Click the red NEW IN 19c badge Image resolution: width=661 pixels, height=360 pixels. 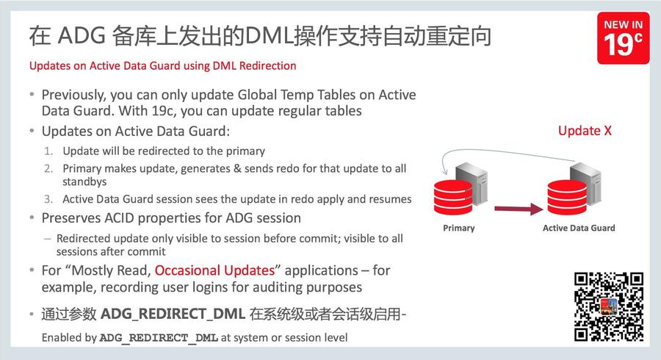pos(623,38)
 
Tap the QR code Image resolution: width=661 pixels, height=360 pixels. pos(609,306)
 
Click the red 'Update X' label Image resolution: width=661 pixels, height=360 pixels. pos(585,131)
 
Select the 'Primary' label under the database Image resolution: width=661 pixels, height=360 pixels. pos(458,228)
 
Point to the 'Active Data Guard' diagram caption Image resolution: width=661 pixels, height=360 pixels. pos(579,228)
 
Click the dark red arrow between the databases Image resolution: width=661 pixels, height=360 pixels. pos(519,208)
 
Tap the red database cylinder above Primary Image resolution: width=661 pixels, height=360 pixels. pos(453,197)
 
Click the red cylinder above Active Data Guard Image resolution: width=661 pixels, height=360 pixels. pos(567,197)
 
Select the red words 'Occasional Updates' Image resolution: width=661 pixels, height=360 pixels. pos(214,270)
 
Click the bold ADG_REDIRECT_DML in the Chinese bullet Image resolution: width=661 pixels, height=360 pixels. pos(173,314)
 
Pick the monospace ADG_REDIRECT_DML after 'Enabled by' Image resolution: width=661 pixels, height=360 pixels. pos(159,338)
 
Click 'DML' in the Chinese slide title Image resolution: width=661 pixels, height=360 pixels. pos(269,35)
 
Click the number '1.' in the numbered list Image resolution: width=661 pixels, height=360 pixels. pos(48,151)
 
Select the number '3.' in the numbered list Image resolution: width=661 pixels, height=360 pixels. pos(48,199)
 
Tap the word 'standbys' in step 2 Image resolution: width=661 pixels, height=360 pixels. pos(84,181)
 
